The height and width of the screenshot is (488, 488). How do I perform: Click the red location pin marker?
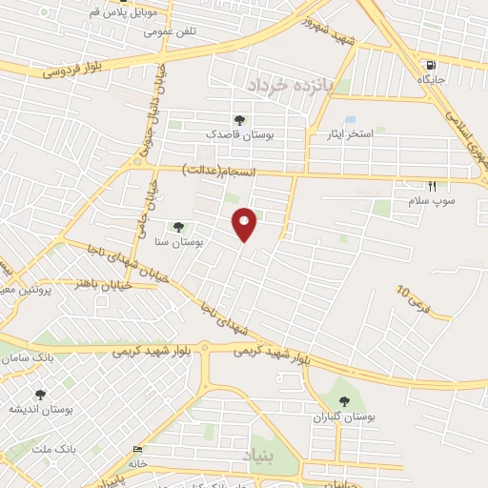(245, 223)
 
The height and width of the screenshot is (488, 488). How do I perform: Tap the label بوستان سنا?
(185, 243)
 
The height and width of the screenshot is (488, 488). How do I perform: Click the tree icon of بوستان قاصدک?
(238, 119)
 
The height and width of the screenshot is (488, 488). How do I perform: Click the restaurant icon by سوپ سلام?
(432, 186)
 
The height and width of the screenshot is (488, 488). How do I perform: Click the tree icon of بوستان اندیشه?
(40, 394)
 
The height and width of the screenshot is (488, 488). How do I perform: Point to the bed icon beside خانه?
(139, 450)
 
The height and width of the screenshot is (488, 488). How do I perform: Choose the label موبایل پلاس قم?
(127, 12)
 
